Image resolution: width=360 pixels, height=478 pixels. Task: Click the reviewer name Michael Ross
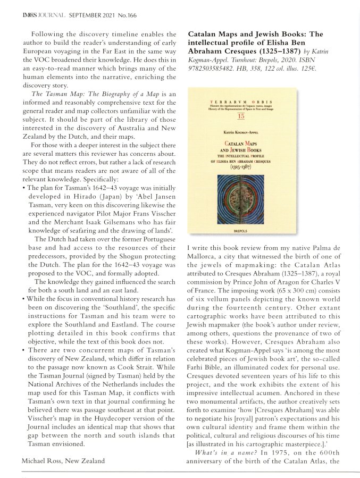tap(47, 460)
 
